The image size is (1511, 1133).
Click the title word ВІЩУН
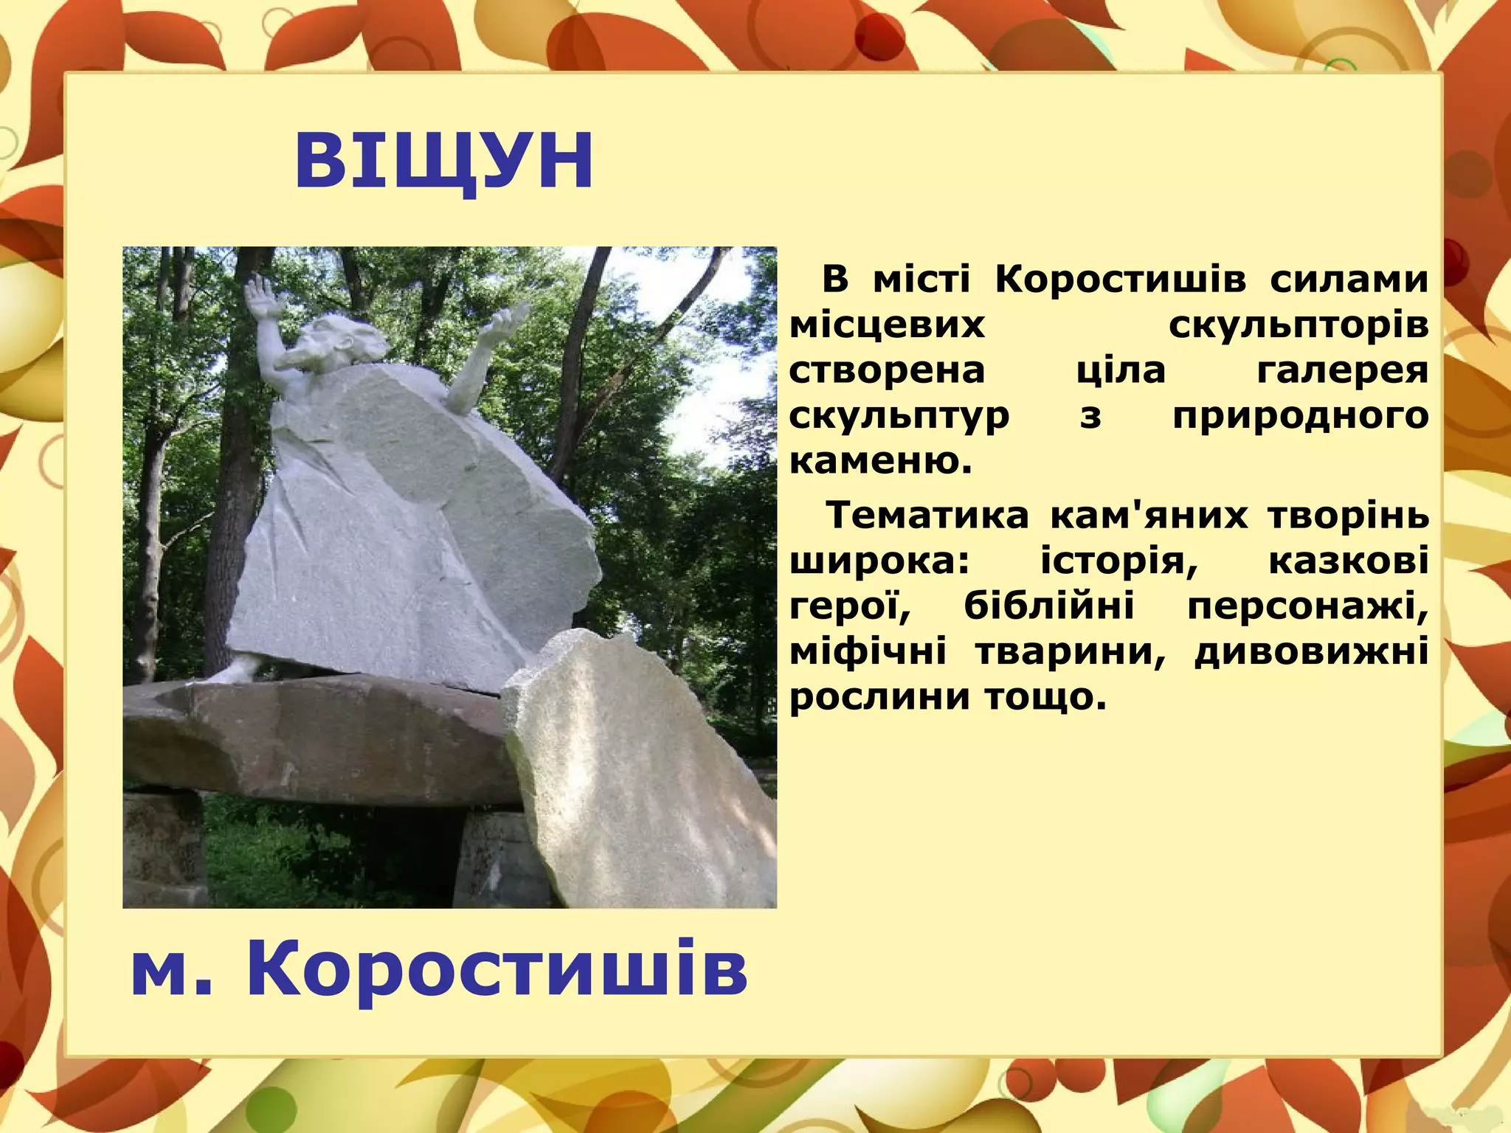[443, 161]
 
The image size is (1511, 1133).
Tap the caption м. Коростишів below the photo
[439, 969]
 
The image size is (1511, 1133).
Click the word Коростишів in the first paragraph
[1121, 280]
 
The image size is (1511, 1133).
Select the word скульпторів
[1299, 325]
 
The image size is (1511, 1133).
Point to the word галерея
[1342, 370]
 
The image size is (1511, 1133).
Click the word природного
[1300, 416]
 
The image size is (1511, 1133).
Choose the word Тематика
[927, 515]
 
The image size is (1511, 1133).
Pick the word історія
[1118, 561]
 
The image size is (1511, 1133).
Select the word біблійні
[1049, 606]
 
